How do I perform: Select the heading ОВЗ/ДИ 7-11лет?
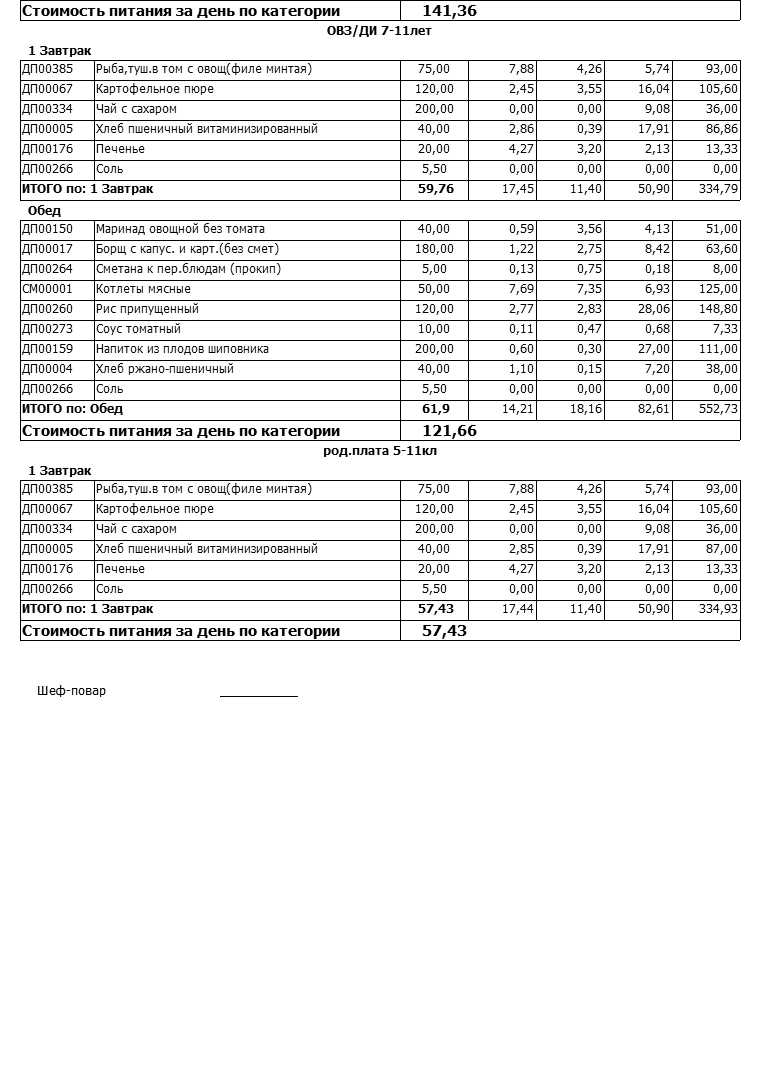coord(379,31)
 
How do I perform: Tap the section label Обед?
coord(44,211)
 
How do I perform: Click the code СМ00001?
coord(47,289)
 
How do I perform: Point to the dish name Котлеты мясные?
coord(143,289)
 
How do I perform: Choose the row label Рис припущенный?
coord(147,309)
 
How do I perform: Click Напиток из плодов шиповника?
coord(182,349)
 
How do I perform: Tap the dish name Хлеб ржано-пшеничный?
coord(164,369)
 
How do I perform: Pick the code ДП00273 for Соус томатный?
coord(47,329)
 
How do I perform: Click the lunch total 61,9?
coord(436,409)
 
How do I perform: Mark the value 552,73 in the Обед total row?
coord(718,409)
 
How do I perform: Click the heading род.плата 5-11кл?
coord(379,451)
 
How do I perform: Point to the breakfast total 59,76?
coord(435,189)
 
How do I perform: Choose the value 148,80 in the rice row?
coord(719,309)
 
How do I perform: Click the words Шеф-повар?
coord(71,691)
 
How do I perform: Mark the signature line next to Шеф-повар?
coord(259,694)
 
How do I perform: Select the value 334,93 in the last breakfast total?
coord(718,609)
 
